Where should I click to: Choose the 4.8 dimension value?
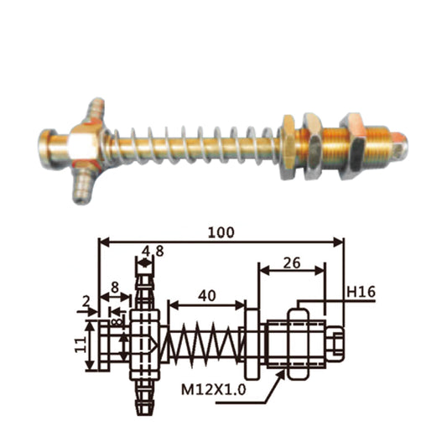151,250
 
